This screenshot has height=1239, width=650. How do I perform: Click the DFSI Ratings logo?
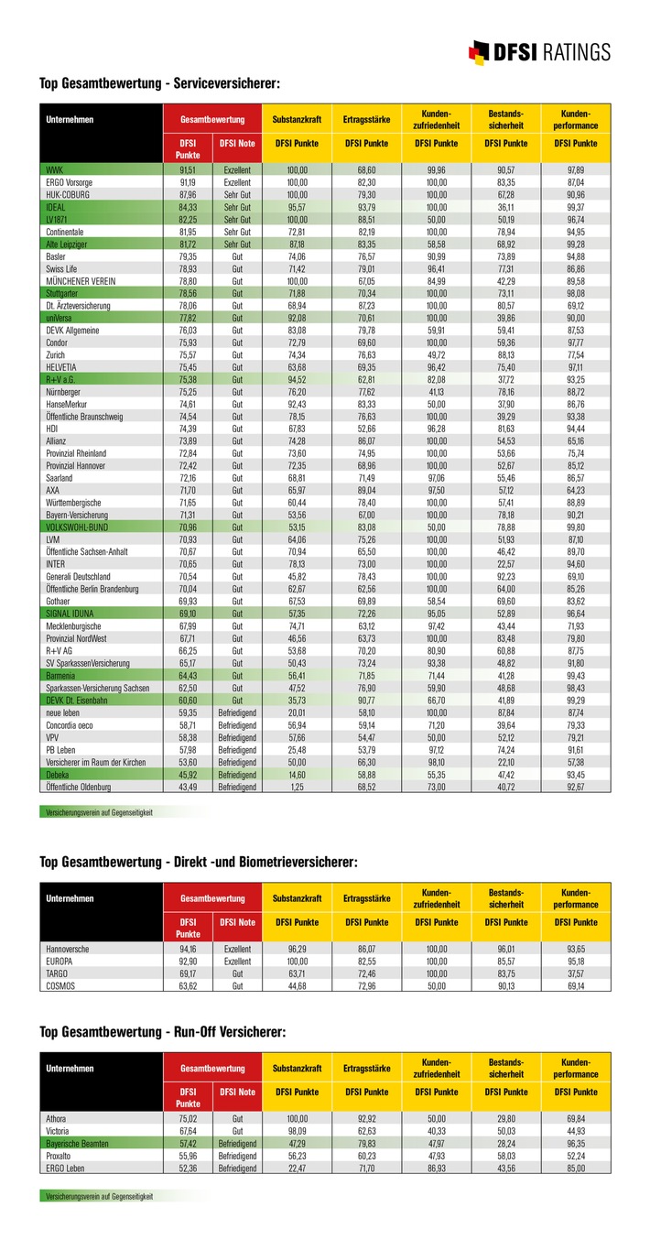point(539,50)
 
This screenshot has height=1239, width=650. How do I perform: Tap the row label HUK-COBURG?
point(68,195)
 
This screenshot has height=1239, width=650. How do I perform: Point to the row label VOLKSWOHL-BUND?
point(78,527)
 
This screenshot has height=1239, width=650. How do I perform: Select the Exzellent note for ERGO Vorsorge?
point(237,183)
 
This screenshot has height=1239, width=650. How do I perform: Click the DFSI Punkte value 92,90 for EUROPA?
point(188,962)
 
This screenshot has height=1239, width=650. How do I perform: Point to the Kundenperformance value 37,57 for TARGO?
point(575,973)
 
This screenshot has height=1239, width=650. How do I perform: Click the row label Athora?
point(57,1119)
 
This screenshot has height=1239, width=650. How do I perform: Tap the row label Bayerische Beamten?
point(78,1144)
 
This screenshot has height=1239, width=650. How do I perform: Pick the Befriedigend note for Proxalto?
point(237,1156)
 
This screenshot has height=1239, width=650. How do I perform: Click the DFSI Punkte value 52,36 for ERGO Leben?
point(188,1168)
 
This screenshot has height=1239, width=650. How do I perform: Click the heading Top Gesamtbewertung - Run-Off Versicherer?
point(163,1032)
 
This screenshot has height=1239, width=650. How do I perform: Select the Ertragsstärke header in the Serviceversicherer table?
point(367,119)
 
